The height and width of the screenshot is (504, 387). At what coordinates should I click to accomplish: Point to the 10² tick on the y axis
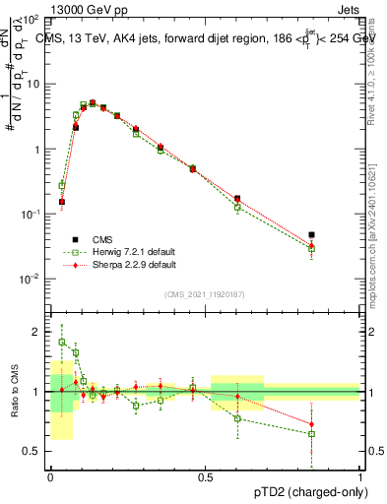click(x=32, y=20)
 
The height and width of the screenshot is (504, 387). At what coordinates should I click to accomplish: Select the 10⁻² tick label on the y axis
click(x=32, y=280)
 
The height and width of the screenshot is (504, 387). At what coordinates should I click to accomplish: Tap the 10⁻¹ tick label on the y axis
click(x=32, y=215)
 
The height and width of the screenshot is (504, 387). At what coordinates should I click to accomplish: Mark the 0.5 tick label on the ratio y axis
click(x=35, y=451)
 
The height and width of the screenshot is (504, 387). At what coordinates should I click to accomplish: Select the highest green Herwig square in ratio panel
click(x=62, y=342)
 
